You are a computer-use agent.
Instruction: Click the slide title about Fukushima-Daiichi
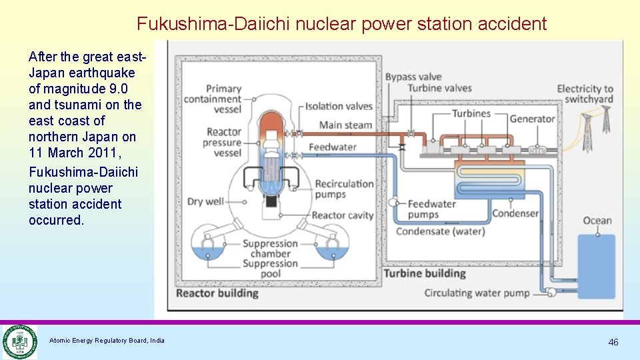pyautogui.click(x=341, y=24)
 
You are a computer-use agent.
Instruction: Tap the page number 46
pyautogui.click(x=613, y=342)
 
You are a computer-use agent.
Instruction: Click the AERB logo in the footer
pyautogui.click(x=19, y=341)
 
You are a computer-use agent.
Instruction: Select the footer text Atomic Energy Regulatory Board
pyautogui.click(x=107, y=341)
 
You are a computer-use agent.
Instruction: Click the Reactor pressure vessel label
pyautogui.click(x=223, y=142)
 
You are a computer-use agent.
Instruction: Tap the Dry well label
pyautogui.click(x=205, y=201)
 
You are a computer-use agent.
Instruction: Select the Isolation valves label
pyautogui.click(x=339, y=106)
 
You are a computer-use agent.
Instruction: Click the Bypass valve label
pyautogui.click(x=413, y=77)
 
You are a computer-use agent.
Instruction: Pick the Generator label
pyautogui.click(x=532, y=119)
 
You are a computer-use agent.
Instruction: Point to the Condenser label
pyautogui.click(x=515, y=213)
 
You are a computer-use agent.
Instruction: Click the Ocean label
pyautogui.click(x=597, y=221)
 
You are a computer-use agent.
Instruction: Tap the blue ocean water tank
pyautogui.click(x=596, y=266)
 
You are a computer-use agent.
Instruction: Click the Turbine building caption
pyautogui.click(x=424, y=273)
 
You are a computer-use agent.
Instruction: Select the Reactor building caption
pyautogui.click(x=217, y=293)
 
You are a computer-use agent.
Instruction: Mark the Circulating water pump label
pyautogui.click(x=477, y=293)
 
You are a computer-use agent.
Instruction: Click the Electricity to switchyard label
pyautogui.click(x=585, y=94)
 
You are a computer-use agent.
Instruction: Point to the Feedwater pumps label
pyautogui.click(x=431, y=209)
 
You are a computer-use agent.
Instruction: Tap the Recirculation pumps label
pyautogui.click(x=344, y=189)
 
